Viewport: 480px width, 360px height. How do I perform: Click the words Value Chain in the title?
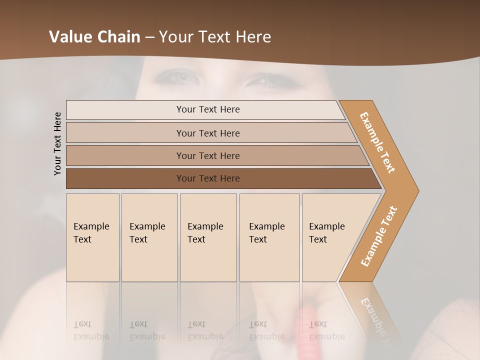coord(94,37)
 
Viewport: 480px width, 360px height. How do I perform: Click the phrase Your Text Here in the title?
coord(215,37)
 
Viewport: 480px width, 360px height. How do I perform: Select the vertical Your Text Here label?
coord(58,144)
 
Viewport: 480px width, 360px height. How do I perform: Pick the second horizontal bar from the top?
coord(208,133)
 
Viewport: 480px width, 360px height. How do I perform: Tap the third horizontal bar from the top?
coord(208,155)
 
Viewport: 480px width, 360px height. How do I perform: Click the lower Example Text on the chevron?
coord(379,236)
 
